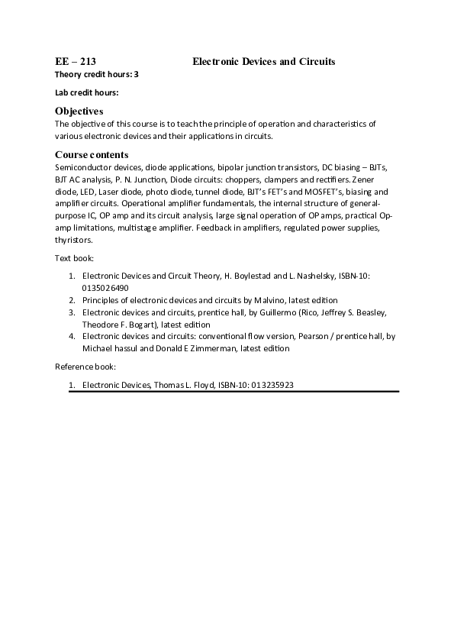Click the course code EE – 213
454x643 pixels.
pyautogui.click(x=76, y=61)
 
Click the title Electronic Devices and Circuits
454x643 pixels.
pyautogui.click(x=264, y=61)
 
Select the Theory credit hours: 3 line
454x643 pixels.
pyautogui.click(x=97, y=74)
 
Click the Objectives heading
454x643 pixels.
pyautogui.click(x=79, y=111)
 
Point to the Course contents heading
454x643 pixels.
pyautogui.click(x=92, y=155)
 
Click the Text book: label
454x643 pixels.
pyautogui.click(x=74, y=258)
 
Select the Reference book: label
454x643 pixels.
pyautogui.click(x=85, y=367)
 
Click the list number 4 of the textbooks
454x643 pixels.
pyautogui.click(x=71, y=336)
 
